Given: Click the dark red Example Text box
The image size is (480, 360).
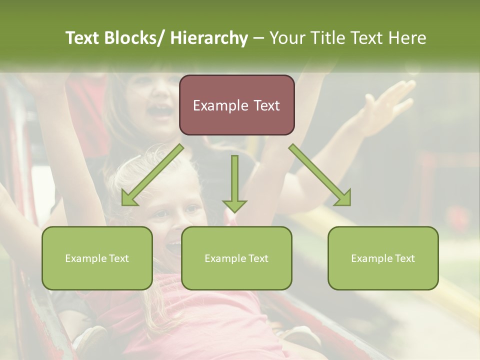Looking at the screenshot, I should [x=236, y=105].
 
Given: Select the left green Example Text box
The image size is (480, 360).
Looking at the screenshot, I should [x=97, y=258].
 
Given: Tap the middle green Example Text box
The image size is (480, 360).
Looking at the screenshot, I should [x=236, y=258].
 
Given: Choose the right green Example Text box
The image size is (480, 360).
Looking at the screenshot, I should [x=383, y=258].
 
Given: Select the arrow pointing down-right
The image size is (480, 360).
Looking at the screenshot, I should [x=320, y=175].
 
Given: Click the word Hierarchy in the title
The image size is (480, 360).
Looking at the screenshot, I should [x=209, y=38].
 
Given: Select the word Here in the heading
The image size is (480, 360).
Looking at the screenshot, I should [x=408, y=38].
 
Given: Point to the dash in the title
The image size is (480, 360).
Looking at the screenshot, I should [x=258, y=38].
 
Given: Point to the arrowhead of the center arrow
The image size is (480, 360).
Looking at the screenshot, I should [x=234, y=205].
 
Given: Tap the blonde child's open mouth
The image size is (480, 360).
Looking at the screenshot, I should [x=174, y=245].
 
